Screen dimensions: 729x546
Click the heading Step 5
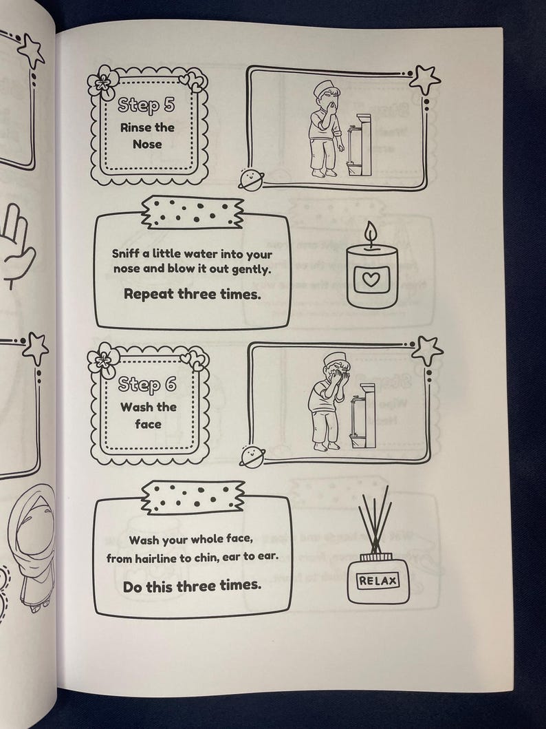click(146, 105)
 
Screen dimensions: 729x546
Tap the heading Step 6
click(147, 384)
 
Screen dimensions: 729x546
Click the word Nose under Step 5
click(147, 144)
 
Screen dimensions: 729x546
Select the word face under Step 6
click(148, 424)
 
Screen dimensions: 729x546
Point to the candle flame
click(371, 234)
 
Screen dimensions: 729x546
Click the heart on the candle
click(372, 279)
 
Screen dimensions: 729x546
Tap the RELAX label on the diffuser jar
click(378, 580)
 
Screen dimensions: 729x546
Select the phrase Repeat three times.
click(192, 294)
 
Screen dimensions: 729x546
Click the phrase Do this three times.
click(192, 587)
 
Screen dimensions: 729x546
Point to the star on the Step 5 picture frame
click(424, 80)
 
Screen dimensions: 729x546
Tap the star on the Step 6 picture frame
click(427, 350)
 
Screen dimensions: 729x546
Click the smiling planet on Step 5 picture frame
click(251, 180)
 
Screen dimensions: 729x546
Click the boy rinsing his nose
click(325, 129)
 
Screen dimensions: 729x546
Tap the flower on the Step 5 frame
click(103, 84)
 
